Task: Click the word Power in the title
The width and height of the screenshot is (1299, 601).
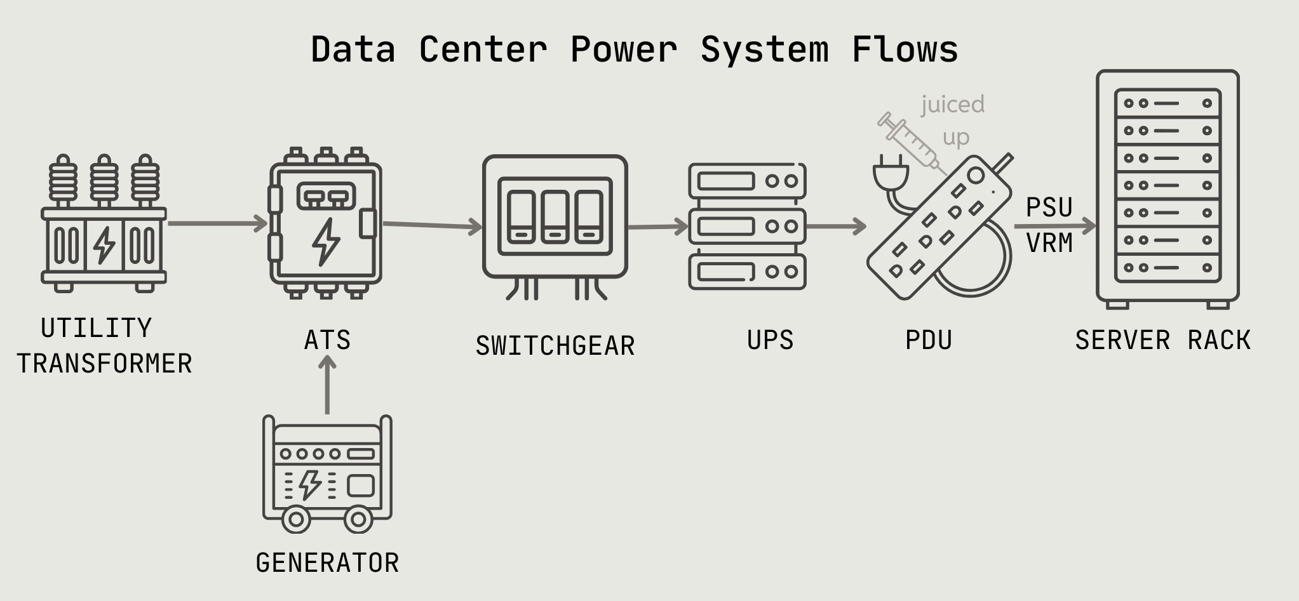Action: click(x=623, y=50)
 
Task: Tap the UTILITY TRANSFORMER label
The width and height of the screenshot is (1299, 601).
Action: click(x=104, y=346)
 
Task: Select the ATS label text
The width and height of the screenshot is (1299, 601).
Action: click(x=327, y=340)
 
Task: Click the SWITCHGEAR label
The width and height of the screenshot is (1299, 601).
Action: click(x=555, y=346)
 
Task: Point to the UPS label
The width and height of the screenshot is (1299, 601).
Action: click(x=770, y=340)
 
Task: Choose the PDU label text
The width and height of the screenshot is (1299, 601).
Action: click(x=929, y=340)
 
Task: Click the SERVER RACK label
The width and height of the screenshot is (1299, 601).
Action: click(x=1162, y=340)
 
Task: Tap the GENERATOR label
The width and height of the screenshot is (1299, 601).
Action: click(x=327, y=563)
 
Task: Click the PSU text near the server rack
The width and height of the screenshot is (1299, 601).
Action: click(x=1049, y=208)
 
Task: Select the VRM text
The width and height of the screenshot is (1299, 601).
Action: click(x=1049, y=243)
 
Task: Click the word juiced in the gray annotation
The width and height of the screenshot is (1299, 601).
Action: click(x=953, y=104)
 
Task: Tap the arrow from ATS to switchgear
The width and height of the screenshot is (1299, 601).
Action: click(x=432, y=225)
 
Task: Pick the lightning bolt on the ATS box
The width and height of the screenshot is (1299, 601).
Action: click(x=326, y=241)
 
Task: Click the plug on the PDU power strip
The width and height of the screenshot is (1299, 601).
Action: click(x=891, y=174)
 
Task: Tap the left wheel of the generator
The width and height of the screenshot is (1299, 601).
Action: click(x=295, y=519)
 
